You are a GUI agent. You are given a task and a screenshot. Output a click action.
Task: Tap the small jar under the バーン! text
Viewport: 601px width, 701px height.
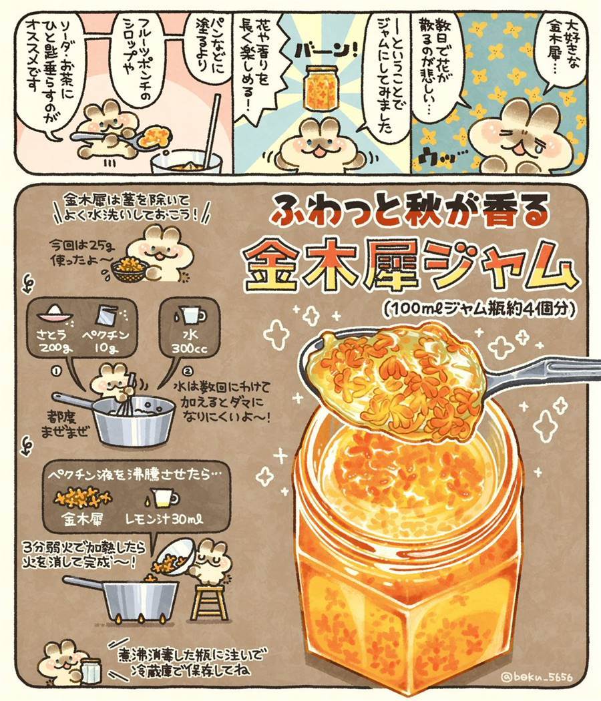(321, 87)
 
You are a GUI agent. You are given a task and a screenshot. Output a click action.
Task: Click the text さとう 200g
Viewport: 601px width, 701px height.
(55, 342)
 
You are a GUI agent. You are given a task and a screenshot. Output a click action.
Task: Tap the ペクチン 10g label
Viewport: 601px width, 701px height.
(106, 342)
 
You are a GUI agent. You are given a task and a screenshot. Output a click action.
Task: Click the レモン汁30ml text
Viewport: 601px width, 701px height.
(165, 519)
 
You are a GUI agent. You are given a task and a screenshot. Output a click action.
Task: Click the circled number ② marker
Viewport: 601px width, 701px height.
(188, 371)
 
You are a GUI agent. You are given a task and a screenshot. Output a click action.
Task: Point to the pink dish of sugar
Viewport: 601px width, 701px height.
(55, 314)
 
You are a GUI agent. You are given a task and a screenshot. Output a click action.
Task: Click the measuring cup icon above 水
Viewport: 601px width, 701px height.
(191, 314)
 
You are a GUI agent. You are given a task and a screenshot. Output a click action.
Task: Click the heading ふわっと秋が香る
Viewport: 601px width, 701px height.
(409, 209)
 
